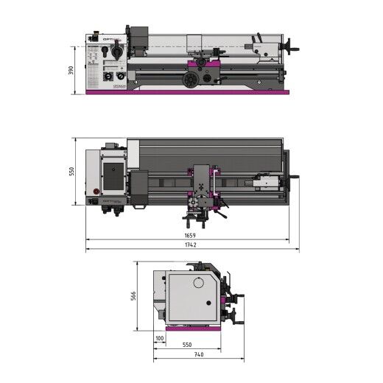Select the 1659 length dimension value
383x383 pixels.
point(191,236)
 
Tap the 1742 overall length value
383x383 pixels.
point(191,245)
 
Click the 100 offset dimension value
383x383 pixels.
point(160,339)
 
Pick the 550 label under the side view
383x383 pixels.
point(187,345)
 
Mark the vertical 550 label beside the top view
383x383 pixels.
point(73,171)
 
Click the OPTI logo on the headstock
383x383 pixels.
point(110,40)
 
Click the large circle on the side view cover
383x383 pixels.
point(198,283)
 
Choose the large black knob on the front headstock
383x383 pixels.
point(115,52)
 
